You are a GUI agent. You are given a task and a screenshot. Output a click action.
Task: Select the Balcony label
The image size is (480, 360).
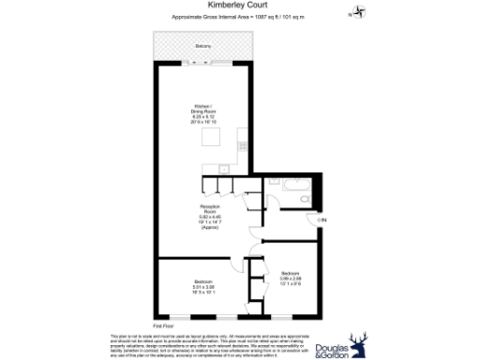click(x=203, y=46)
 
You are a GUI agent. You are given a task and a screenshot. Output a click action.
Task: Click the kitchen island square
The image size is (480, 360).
click(x=213, y=139)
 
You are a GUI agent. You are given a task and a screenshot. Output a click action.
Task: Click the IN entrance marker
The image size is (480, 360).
click(x=322, y=219)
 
